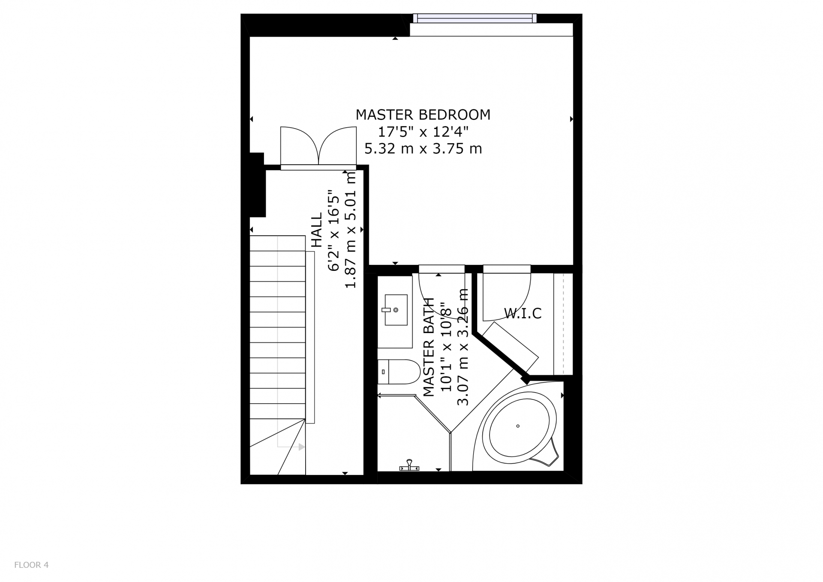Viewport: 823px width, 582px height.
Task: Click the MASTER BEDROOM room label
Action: (x=423, y=115)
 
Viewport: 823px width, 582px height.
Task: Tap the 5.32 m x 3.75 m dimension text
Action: (x=423, y=149)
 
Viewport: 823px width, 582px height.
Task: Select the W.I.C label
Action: (x=523, y=313)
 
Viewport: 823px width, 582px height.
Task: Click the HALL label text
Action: (x=317, y=230)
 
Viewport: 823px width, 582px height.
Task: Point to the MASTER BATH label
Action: (x=429, y=347)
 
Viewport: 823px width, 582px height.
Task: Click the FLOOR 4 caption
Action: (x=31, y=565)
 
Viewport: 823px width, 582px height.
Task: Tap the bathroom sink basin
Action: (x=396, y=310)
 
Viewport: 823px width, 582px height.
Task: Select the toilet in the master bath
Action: (x=399, y=372)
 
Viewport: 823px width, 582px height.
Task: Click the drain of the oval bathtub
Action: (x=518, y=426)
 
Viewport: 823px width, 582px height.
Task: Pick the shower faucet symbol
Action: (x=409, y=466)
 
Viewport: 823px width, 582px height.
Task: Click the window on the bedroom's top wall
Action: (x=475, y=18)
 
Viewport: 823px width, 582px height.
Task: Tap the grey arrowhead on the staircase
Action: (x=302, y=447)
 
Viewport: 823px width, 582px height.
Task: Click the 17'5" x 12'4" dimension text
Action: (x=423, y=132)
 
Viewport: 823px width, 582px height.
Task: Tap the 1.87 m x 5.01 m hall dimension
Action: (x=351, y=230)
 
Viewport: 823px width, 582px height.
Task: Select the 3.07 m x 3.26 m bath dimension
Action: (x=463, y=347)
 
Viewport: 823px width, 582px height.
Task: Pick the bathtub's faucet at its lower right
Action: (x=547, y=454)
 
